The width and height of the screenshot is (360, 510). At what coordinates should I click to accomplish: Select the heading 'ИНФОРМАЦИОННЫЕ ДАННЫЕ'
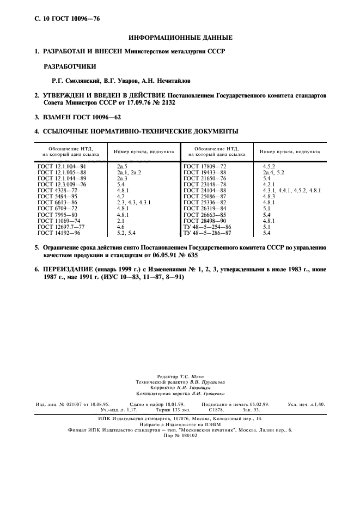[180, 38]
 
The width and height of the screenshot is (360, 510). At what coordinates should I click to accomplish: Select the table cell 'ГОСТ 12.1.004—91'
[62, 165]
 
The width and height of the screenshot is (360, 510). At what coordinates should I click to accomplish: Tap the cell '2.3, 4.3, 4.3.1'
[133, 202]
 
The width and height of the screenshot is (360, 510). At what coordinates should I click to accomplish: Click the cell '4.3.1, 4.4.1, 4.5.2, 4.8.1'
[291, 190]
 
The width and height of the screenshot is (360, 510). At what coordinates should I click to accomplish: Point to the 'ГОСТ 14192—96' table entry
[59, 233]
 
